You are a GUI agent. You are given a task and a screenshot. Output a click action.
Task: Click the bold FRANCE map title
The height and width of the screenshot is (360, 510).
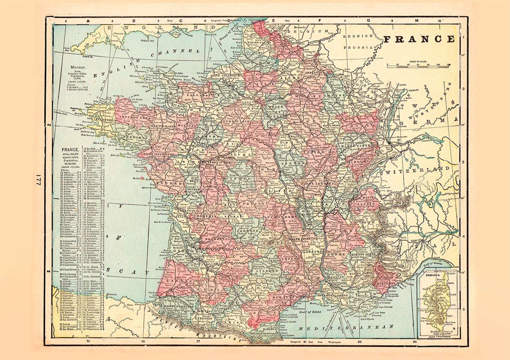pos(419,39)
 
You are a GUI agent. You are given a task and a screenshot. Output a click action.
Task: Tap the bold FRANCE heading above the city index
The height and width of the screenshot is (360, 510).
pos(70,150)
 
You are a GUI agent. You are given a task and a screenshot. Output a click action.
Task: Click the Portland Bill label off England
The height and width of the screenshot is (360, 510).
pos(147,41)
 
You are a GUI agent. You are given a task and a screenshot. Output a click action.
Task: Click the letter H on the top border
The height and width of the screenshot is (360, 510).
pos(417,21)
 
